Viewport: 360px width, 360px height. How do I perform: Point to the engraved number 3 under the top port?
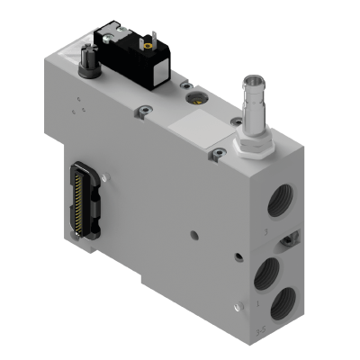[x=263, y=232]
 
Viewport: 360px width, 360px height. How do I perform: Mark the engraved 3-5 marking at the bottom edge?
[x=261, y=331]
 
